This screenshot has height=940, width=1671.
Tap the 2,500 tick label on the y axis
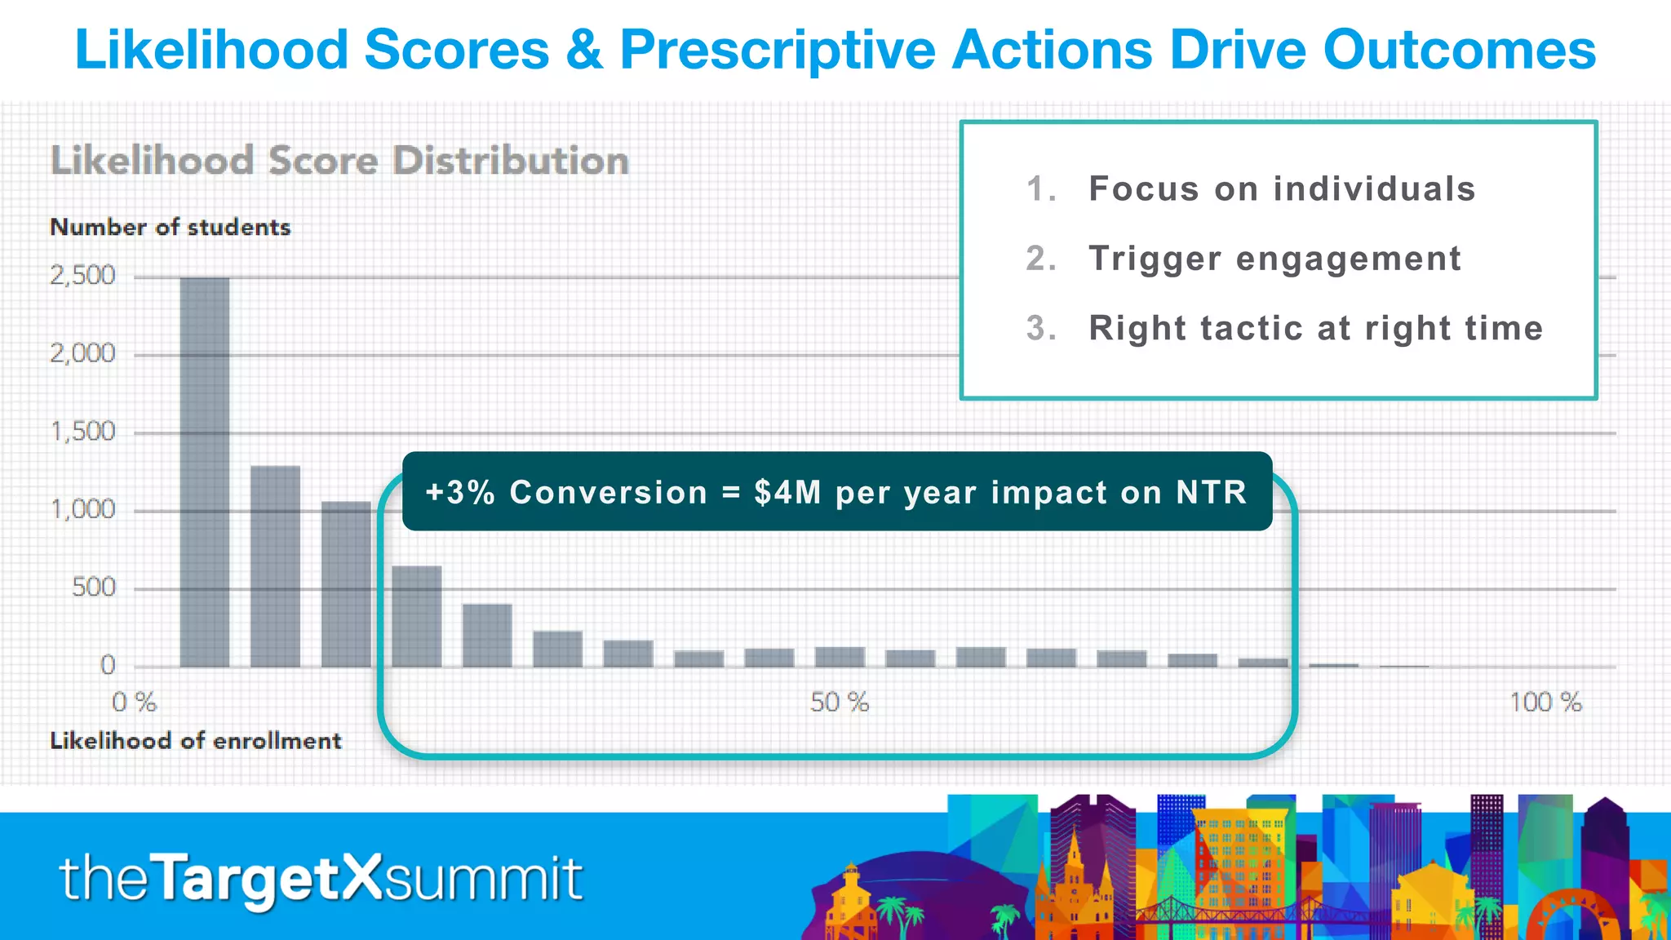tap(82, 276)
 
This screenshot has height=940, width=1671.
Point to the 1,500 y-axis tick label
tap(82, 432)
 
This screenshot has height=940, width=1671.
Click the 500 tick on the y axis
tap(93, 587)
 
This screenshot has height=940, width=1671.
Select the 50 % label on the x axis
tap(839, 703)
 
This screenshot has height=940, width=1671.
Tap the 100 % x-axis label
tap(1545, 703)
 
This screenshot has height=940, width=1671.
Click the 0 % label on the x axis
tap(134, 703)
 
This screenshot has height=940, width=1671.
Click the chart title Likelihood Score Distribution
tap(339, 160)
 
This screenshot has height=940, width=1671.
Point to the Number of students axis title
tap(170, 227)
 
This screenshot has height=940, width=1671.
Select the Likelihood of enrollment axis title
tap(195, 741)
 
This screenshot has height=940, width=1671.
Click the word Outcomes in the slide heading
tap(1459, 51)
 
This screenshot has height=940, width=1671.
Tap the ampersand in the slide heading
tap(583, 51)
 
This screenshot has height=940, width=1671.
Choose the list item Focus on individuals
tap(1281, 189)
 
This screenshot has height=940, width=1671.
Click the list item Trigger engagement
tap(1274, 259)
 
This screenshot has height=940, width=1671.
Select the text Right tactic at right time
tap(1315, 329)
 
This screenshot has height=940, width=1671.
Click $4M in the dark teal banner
tap(787, 493)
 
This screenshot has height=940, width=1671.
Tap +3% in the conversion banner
tap(460, 493)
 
